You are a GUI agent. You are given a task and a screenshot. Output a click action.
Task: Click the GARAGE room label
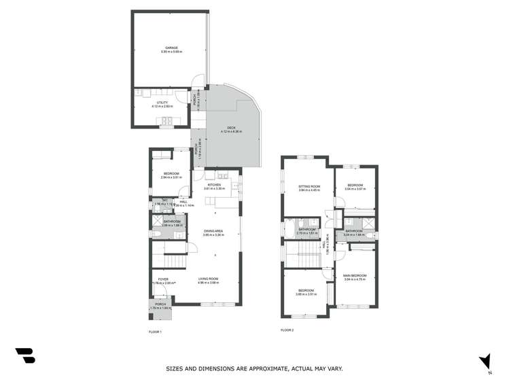pyautogui.click(x=171, y=48)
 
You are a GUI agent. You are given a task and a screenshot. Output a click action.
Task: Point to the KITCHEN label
pyautogui.click(x=215, y=184)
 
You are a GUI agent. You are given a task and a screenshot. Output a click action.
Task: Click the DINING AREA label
pyautogui.click(x=213, y=231)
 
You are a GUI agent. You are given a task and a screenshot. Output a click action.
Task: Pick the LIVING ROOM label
pyautogui.click(x=208, y=279)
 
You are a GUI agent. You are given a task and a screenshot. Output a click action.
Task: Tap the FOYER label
pyautogui.click(x=163, y=279)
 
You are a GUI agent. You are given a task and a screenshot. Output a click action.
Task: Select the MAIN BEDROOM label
pyautogui.click(x=355, y=275)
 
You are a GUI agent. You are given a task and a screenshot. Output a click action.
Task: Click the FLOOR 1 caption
pyautogui.click(x=155, y=331)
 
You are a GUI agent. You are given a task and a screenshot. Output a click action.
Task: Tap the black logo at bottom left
pyautogui.click(x=25, y=355)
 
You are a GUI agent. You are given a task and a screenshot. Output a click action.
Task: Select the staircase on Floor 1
pyautogui.click(x=170, y=259)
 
